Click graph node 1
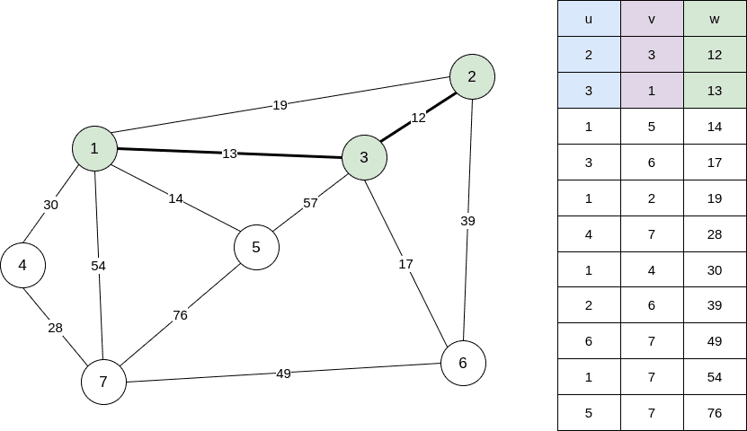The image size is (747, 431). (x=94, y=148)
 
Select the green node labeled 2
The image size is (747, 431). (x=472, y=76)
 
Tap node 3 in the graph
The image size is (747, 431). (x=364, y=157)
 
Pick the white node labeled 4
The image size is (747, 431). (x=22, y=265)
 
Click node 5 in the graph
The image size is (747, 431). (x=256, y=247)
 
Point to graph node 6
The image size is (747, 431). (x=463, y=364)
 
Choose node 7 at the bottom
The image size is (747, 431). (x=103, y=382)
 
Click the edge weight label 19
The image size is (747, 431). (x=280, y=105)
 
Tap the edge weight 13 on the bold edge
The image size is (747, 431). (x=229, y=154)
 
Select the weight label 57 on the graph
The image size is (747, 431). (x=310, y=203)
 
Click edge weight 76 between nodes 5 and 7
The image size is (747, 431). (x=180, y=315)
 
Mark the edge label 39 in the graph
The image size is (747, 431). (x=467, y=221)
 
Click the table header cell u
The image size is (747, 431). (x=589, y=19)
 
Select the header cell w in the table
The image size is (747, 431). (x=715, y=19)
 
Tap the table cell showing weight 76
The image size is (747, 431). (x=715, y=413)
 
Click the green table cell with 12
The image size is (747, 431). (x=715, y=55)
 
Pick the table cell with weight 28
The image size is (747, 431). (x=715, y=233)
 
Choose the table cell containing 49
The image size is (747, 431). (x=715, y=341)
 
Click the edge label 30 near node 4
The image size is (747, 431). (x=51, y=205)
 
